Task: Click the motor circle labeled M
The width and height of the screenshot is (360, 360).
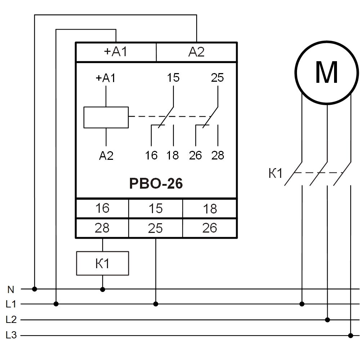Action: tap(327, 72)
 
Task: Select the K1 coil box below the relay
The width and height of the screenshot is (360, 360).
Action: tap(103, 264)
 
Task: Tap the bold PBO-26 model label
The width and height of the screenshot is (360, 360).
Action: tap(156, 184)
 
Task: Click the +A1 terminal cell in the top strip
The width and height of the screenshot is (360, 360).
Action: tap(116, 52)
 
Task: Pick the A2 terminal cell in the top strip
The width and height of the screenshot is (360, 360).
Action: tap(197, 52)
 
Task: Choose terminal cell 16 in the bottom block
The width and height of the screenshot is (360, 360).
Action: tap(102, 208)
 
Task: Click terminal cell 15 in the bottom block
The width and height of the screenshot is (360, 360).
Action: tap(156, 208)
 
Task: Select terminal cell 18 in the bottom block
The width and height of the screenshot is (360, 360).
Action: tap(210, 208)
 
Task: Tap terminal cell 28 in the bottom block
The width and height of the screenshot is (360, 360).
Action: tap(102, 228)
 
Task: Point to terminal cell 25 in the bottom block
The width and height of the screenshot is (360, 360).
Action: tap(156, 228)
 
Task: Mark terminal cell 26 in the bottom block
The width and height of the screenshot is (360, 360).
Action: tap(210, 228)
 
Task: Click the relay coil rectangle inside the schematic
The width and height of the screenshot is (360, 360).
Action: tap(106, 117)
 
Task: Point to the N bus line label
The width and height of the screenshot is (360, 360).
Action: tap(11, 289)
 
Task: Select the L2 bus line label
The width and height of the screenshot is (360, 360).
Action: tap(11, 320)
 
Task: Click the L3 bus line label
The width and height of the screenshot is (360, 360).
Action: tap(11, 336)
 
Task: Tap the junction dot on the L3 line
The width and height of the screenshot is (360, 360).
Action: tap(351, 336)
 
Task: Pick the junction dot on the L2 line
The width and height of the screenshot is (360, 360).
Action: tap(327, 320)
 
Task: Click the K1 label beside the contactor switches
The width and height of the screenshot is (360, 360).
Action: tap(275, 174)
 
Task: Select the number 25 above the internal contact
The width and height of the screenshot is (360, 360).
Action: tap(217, 78)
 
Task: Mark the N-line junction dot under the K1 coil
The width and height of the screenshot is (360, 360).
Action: tap(103, 289)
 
